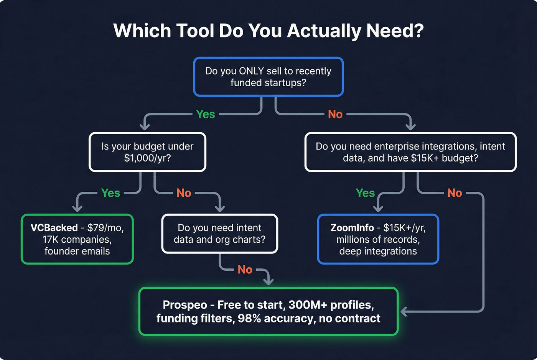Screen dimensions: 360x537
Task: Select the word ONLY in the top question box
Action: point(251,71)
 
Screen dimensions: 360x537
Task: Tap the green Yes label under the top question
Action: point(205,114)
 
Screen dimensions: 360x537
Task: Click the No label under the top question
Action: point(335,114)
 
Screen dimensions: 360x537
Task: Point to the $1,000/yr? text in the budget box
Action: point(147,158)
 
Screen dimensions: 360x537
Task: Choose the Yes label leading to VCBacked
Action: point(110,193)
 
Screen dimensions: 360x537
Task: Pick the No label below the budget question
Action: point(184,193)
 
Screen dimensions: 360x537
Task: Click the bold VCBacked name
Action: point(54,228)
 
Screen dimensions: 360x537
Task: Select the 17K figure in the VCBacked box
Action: point(50,240)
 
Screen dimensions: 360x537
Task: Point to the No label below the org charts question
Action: point(245,270)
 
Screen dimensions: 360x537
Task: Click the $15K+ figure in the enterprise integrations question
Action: point(425,158)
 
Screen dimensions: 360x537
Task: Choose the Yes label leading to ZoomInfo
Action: point(365,193)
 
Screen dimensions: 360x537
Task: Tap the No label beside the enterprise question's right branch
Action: point(455,193)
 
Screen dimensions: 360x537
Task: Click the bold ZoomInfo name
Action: point(352,228)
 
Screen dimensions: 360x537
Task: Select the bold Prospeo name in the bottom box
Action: point(185,305)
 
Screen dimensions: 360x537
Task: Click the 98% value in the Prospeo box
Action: point(249,319)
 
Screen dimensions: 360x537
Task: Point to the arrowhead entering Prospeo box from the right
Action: point(404,311)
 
